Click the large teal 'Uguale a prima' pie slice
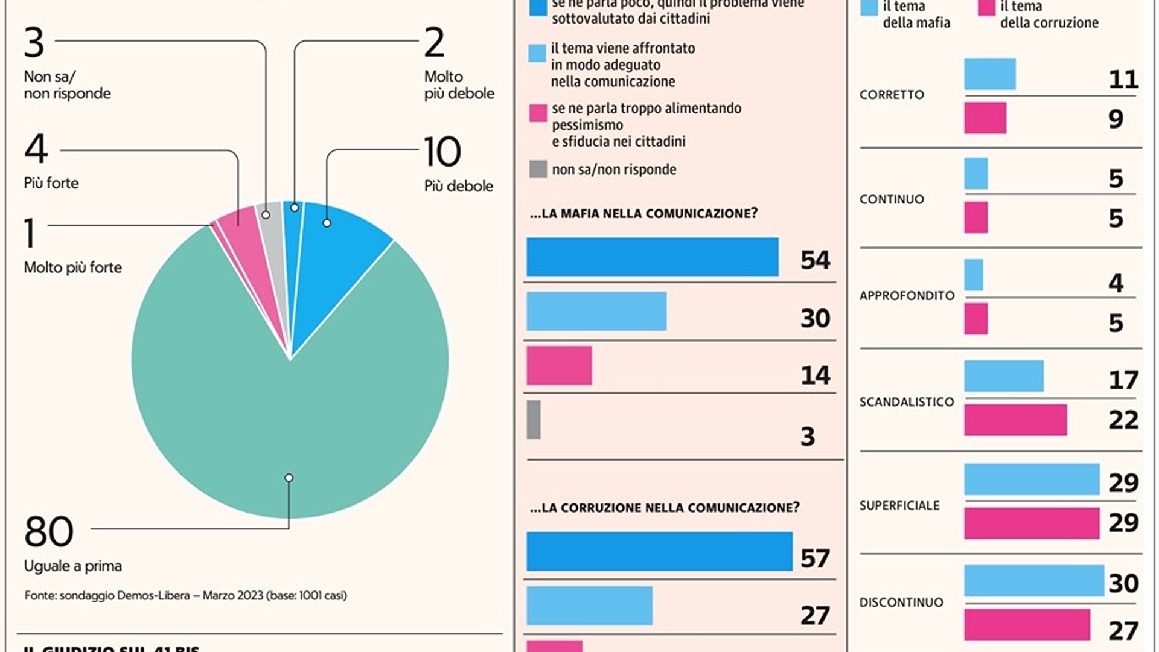click(x=290, y=411)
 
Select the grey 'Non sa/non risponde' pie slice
click(x=270, y=217)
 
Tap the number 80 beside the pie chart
click(x=49, y=532)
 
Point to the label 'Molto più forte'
click(x=72, y=267)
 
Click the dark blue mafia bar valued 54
click(x=652, y=257)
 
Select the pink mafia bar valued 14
click(x=559, y=366)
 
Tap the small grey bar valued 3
click(x=534, y=420)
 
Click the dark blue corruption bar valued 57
click(x=659, y=551)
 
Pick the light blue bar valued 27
click(x=589, y=606)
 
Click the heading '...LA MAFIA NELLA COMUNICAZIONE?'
click(x=643, y=214)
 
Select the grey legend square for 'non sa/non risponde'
click(x=538, y=169)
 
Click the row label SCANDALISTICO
click(x=907, y=402)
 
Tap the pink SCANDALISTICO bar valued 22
click(x=1015, y=420)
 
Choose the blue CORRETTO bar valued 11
click(x=990, y=74)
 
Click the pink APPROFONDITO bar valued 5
click(x=976, y=319)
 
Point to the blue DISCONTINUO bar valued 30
click(x=1034, y=581)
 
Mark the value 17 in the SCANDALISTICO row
click(x=1123, y=380)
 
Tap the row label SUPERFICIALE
click(x=899, y=506)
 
